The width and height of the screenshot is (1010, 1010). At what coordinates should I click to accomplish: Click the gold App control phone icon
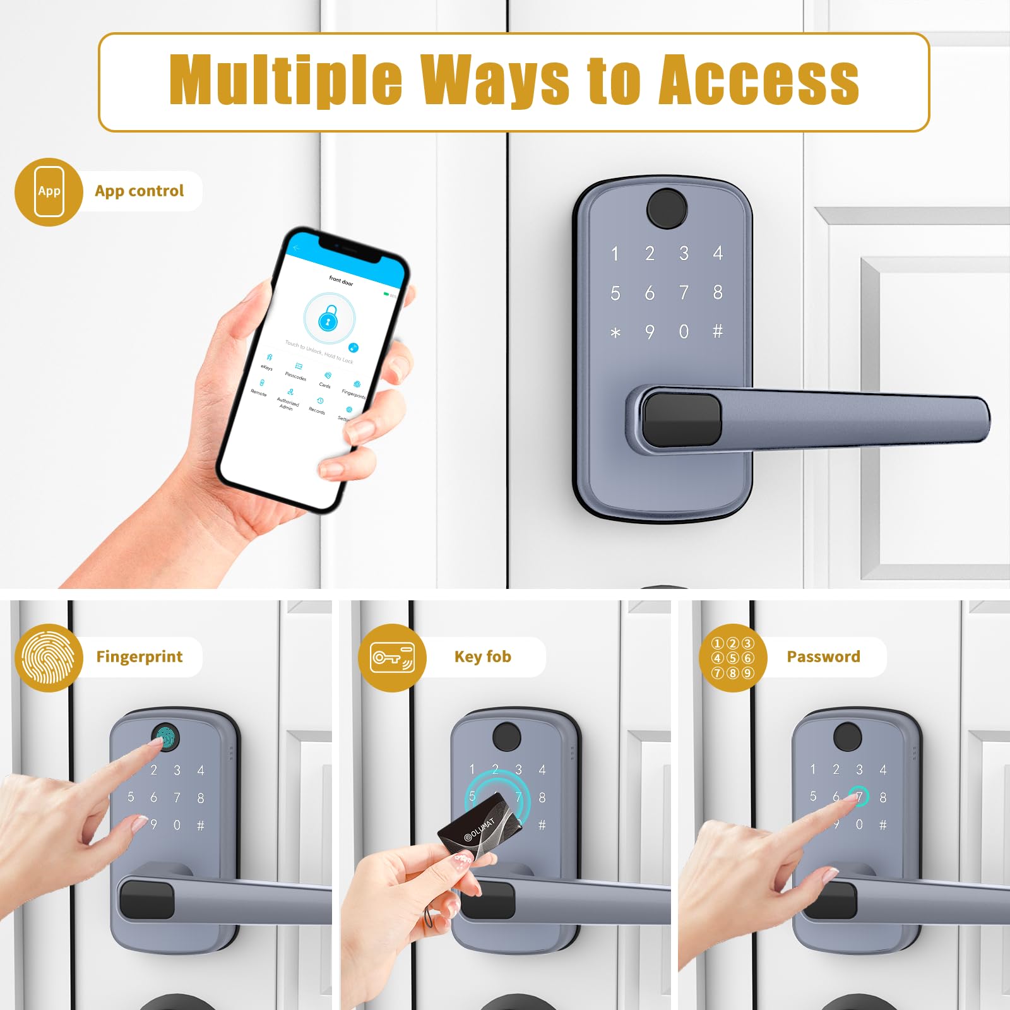49,192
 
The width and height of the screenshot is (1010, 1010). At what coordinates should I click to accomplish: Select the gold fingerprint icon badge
49,658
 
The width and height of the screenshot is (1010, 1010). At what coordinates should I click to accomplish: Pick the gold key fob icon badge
392,658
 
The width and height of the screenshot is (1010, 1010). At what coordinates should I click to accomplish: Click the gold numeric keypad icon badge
733,658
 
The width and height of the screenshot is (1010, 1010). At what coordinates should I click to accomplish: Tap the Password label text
823,657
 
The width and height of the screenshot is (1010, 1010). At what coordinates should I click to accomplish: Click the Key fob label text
483,657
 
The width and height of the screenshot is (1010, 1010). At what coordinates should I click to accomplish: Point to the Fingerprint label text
140,657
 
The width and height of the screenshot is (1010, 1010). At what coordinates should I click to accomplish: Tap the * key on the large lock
615,333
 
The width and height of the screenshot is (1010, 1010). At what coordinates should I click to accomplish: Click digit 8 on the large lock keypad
718,292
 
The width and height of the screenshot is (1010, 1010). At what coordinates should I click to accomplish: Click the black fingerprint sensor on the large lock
667,208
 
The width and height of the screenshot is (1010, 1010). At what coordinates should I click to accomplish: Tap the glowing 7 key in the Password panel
858,797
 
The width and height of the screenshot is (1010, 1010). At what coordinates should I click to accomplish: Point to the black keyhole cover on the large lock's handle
682,419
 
